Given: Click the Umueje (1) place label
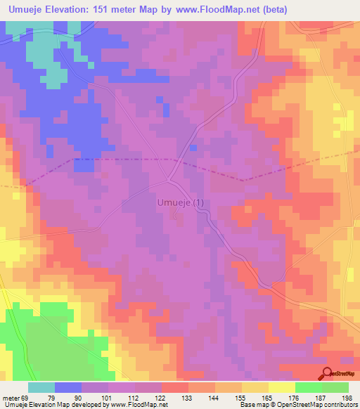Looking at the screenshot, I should click(179, 204).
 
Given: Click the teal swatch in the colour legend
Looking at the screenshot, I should click(41, 387).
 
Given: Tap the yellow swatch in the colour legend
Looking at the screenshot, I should click(282, 387).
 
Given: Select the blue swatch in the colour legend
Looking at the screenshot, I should click(68, 387).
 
